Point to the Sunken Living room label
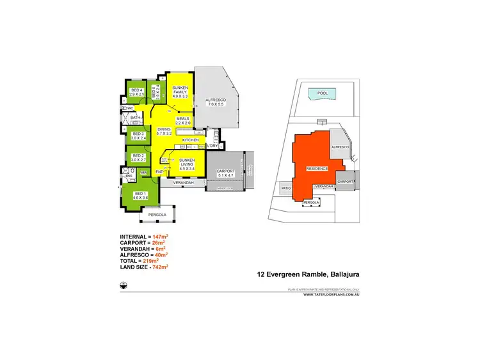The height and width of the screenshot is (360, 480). tap(187, 162)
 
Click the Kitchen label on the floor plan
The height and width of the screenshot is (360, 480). tap(191, 139)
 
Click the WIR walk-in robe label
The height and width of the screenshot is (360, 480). tap(144, 172)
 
